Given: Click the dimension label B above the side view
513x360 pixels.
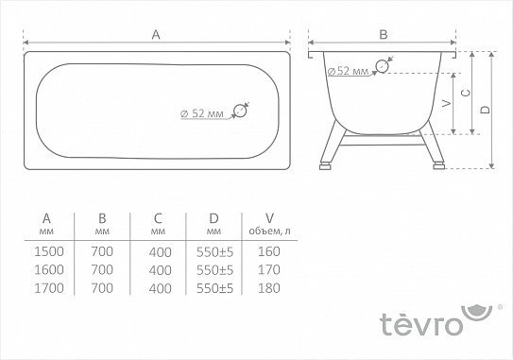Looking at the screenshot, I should click(x=383, y=34).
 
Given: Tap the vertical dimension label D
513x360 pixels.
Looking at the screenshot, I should click(x=484, y=110).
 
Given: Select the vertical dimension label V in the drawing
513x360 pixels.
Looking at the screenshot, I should click(x=446, y=102).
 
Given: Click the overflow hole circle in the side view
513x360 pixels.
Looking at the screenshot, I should click(x=382, y=66).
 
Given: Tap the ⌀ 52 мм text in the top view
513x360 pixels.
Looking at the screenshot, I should click(x=201, y=113).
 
